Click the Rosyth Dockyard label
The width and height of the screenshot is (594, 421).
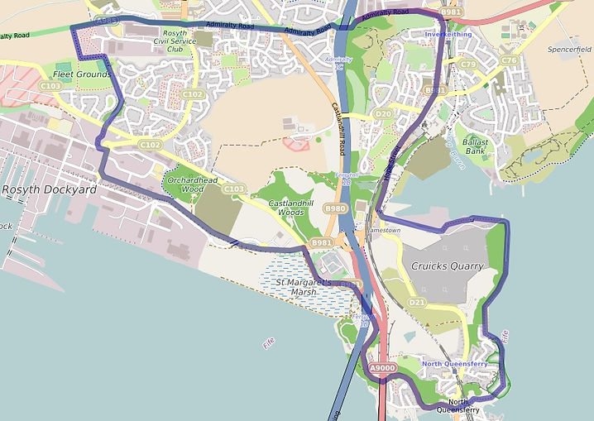(x=50, y=189)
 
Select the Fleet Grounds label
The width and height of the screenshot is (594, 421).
(x=83, y=74)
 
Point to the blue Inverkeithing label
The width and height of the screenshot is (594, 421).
(x=448, y=35)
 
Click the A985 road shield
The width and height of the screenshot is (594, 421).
(x=106, y=20)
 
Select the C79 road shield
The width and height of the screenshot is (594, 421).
(x=469, y=65)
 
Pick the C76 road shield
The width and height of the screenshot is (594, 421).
(x=509, y=60)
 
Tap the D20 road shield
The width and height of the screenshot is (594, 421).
(x=382, y=113)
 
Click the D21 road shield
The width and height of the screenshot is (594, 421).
(x=416, y=303)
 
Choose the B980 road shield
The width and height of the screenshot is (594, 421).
(x=335, y=208)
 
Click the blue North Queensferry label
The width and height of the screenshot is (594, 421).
(x=454, y=364)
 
